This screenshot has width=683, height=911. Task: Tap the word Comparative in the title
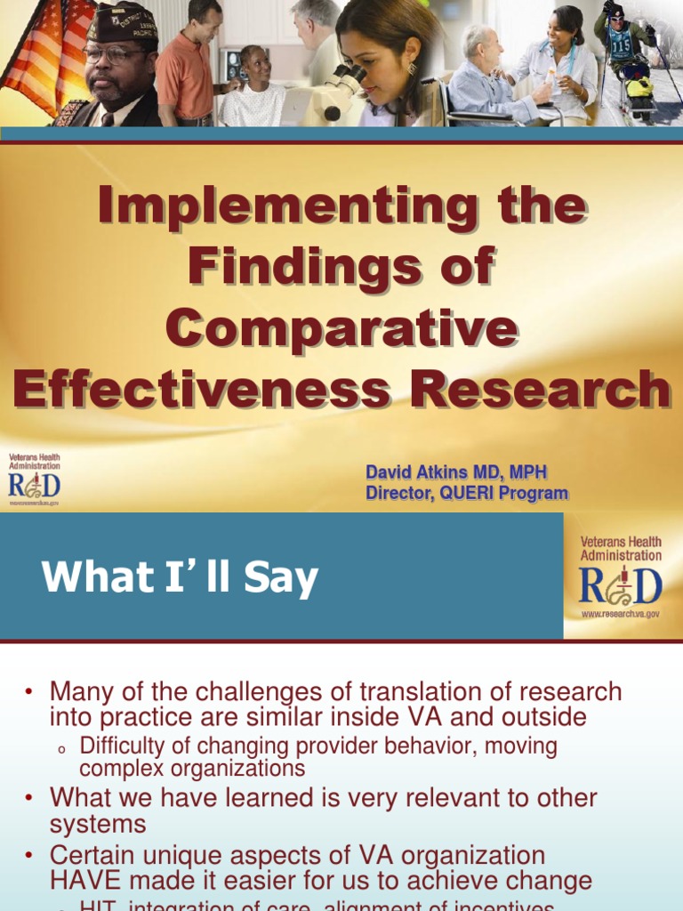341,328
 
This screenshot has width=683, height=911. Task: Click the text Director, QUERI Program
466,493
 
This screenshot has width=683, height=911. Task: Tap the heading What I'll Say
180,578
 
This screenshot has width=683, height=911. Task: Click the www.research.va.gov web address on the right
621,614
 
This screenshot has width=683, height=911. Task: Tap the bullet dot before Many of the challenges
28,692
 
